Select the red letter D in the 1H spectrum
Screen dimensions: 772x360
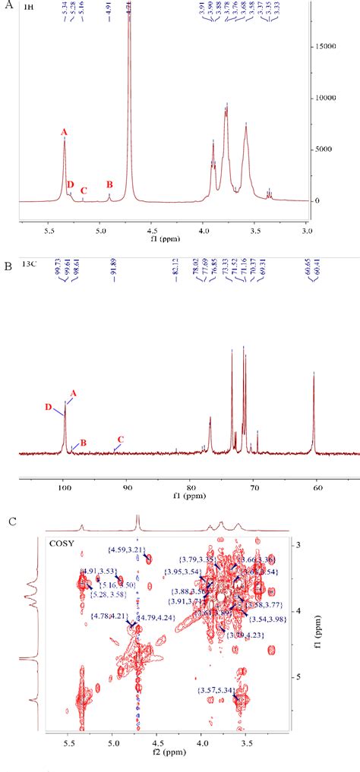click(71, 184)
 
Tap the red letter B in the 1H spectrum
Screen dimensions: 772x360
click(109, 184)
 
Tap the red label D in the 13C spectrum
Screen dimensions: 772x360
click(47, 407)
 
